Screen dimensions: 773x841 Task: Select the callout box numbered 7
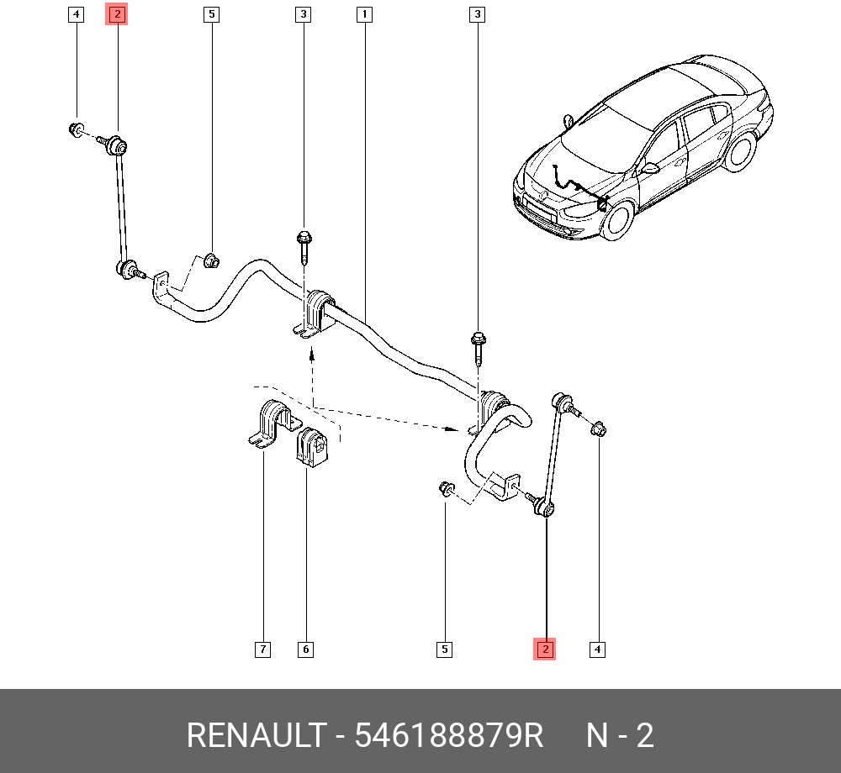pos(263,649)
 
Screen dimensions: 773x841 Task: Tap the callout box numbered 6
pos(305,649)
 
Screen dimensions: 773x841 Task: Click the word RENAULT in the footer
pos(255,735)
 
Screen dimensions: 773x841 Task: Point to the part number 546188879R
pos(449,735)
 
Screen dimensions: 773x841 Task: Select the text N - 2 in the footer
pos(620,735)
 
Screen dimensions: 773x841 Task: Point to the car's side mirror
pos(650,168)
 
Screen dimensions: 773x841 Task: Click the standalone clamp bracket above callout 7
pos(268,423)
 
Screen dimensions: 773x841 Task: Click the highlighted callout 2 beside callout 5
pos(116,14)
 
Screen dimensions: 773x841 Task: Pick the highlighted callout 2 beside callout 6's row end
pos(545,649)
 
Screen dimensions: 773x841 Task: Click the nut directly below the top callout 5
pos(212,260)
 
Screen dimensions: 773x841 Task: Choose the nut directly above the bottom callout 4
pos(598,429)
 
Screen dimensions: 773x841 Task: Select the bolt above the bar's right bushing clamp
pos(479,347)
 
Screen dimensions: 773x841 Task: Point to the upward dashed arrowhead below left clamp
pos(311,355)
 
